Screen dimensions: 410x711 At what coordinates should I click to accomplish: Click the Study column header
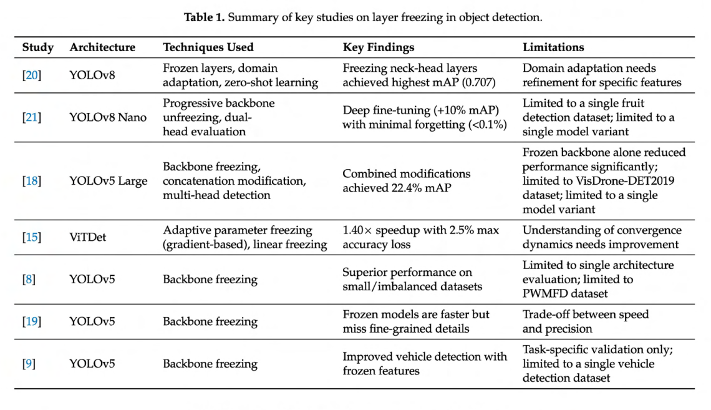coord(37,47)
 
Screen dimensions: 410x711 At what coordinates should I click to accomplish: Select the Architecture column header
coord(102,47)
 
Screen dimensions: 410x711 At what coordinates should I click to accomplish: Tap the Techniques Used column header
coord(208,47)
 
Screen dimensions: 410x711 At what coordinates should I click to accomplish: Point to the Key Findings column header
coord(379,47)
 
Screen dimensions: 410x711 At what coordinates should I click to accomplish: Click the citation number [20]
coord(32,75)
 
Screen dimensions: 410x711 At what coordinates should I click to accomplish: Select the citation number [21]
coord(32,117)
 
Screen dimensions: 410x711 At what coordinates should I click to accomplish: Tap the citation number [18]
coord(32,181)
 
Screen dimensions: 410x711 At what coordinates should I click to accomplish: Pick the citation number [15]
coord(32,237)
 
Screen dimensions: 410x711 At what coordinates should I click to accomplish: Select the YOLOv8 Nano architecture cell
coord(108,117)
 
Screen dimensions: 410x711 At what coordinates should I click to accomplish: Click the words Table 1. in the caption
coord(205,17)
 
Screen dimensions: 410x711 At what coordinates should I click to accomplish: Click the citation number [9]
coord(29,363)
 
